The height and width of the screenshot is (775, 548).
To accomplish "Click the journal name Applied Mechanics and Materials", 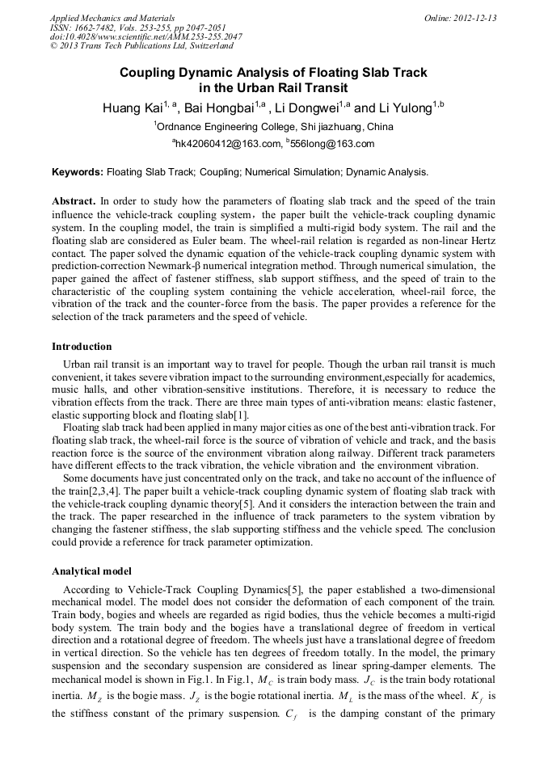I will coord(112,18).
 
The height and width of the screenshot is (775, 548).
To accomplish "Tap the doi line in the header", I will coord(145,37).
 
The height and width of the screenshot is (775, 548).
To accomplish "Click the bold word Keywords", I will coord(78,172).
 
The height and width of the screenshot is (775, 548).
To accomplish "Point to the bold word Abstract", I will coord(74,200).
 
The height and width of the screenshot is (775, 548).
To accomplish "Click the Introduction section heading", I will coord(82,347).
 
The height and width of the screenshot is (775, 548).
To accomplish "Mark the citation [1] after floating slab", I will coord(240,415).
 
